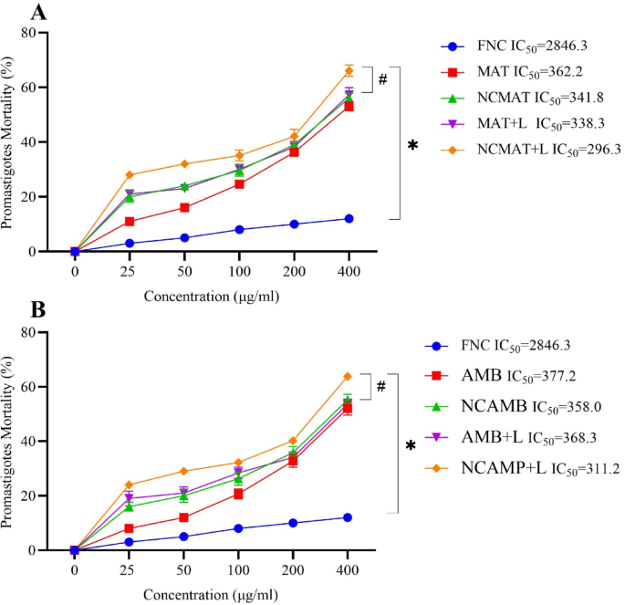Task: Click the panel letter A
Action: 14,13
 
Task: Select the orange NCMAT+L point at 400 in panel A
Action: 349,70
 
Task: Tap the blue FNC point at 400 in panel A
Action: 349,218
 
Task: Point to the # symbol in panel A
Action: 382,79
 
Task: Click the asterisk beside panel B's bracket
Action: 411,445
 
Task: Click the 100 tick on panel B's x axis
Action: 239,568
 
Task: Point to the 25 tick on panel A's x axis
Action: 130,270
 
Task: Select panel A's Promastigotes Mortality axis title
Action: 12,141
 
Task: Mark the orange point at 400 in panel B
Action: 348,376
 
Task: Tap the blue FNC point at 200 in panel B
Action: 294,523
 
